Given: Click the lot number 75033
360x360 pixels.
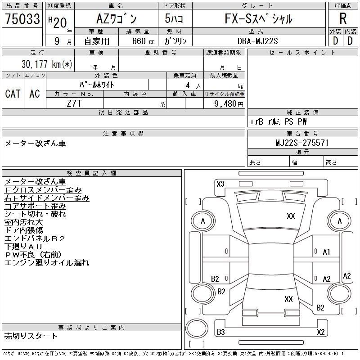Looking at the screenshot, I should pyautogui.click(x=22, y=19).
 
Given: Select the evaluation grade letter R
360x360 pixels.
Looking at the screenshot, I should pyautogui.click(x=343, y=19).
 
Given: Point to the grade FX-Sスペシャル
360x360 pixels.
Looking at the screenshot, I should pyautogui.click(x=258, y=19).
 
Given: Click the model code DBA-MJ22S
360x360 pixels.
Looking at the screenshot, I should pyautogui.click(x=258, y=41).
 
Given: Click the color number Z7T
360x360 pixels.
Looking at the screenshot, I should pyautogui.click(x=74, y=103).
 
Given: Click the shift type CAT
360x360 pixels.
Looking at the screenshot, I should pyautogui.click(x=13, y=94).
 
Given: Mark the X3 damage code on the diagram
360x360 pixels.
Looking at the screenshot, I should pyautogui.click(x=220, y=184).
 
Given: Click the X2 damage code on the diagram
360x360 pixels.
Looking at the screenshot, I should pyautogui.click(x=321, y=332).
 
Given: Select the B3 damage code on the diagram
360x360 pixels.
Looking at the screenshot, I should pyautogui.click(x=221, y=332).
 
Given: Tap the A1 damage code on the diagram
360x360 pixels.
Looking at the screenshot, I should pyautogui.click(x=327, y=252).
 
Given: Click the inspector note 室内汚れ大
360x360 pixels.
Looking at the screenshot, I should pyautogui.click(x=23, y=222).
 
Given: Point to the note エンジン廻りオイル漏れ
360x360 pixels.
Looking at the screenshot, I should pyautogui.click(x=47, y=263).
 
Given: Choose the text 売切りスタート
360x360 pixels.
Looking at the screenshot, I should pyautogui.click(x=31, y=336).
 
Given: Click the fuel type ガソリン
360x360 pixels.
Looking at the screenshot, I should pyautogui.click(x=175, y=41).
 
